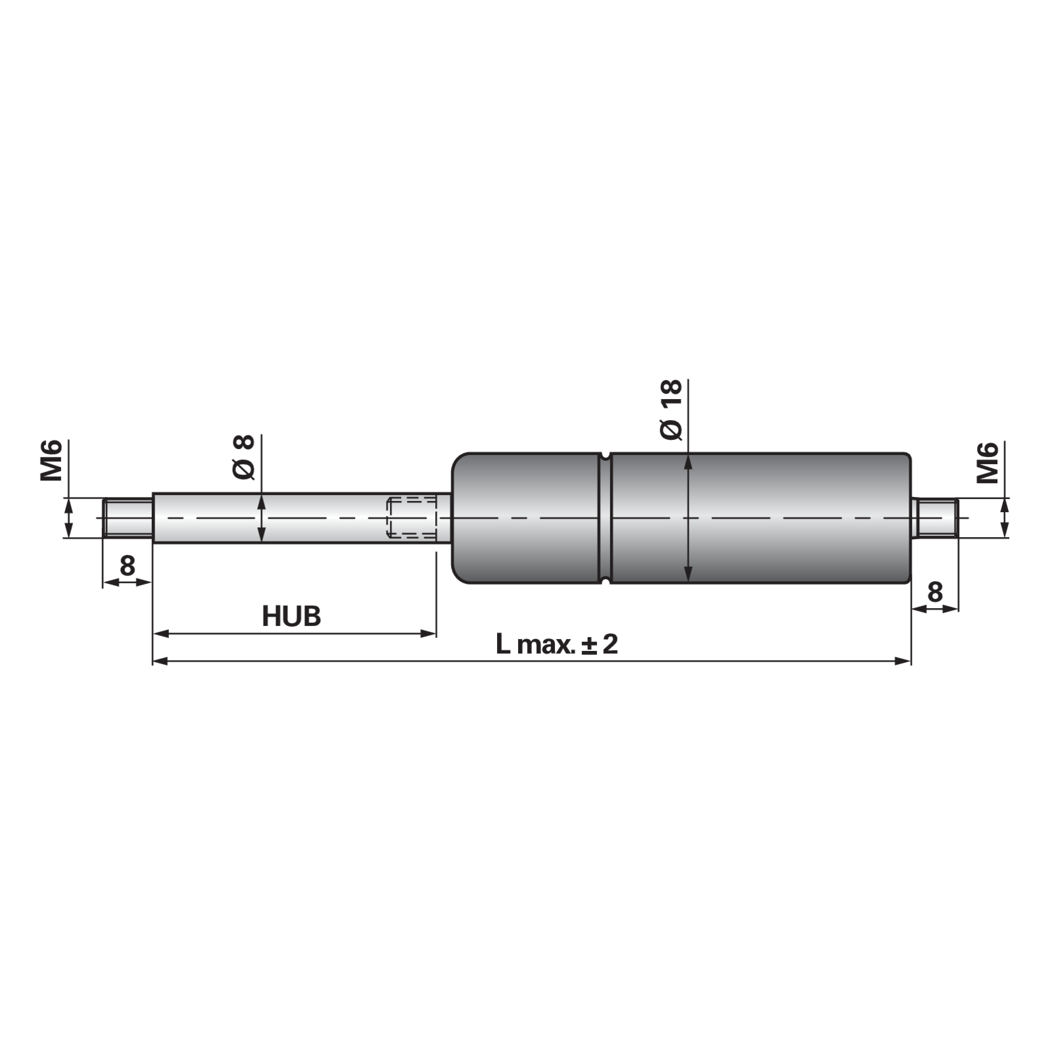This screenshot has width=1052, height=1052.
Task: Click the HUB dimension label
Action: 291,617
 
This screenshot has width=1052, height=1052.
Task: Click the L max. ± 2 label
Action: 557,644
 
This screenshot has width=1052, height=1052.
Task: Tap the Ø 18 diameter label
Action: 672,410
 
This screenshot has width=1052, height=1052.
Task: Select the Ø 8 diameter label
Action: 244,457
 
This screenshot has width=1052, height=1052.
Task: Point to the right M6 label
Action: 988,463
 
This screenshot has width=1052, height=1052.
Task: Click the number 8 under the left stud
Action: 127,565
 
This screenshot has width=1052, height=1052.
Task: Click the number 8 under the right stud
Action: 934,593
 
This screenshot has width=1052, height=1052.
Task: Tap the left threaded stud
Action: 128,518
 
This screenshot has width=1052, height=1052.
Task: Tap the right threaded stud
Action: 935,518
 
